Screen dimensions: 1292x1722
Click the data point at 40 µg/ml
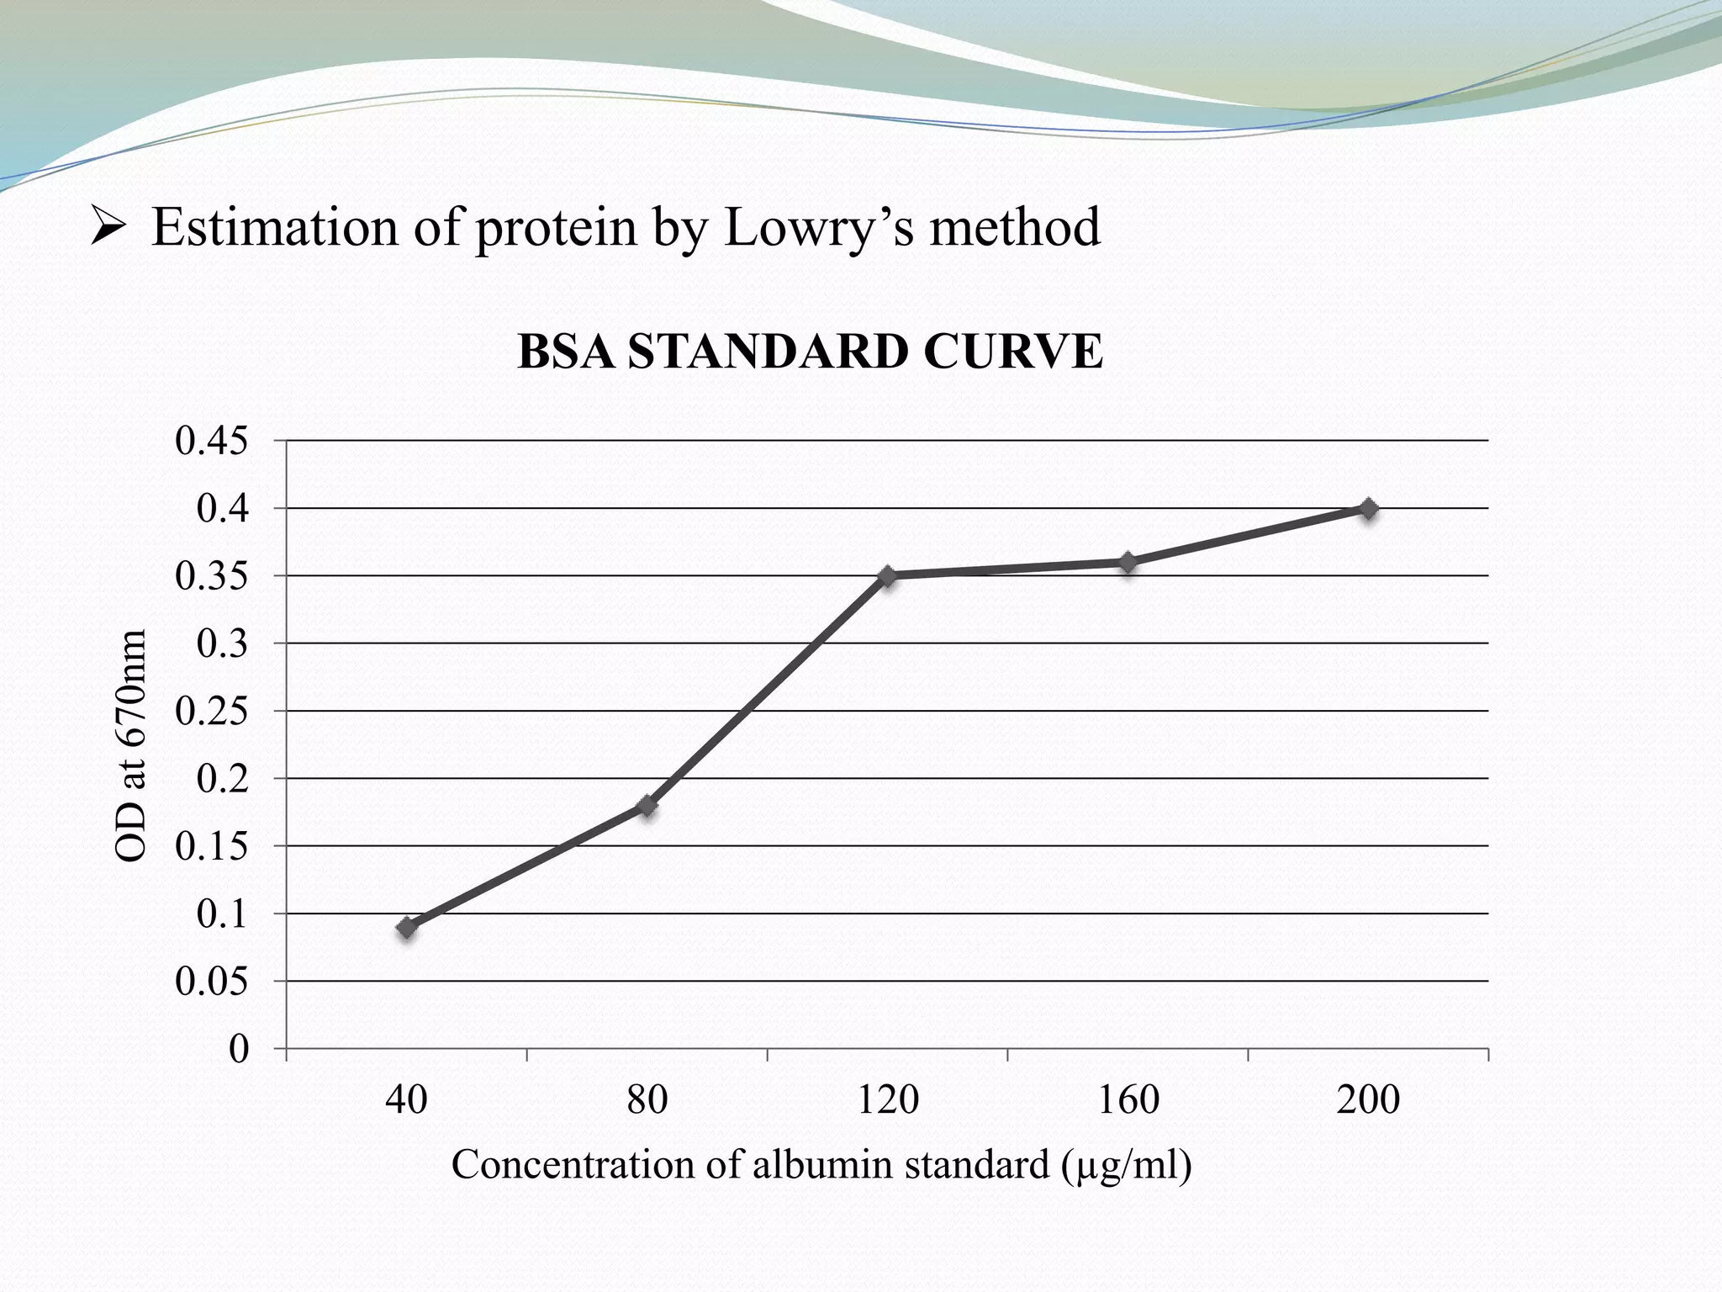coord(407,928)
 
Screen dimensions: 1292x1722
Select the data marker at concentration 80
coord(647,806)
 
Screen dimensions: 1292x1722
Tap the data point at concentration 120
coord(888,576)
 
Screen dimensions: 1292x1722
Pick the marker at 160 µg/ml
coord(1128,562)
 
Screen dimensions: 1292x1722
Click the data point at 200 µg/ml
coord(1368,509)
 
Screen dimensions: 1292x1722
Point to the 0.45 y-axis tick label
coord(211,441)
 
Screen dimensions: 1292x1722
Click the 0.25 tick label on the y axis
coord(211,712)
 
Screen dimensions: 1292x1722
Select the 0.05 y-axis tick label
coord(211,982)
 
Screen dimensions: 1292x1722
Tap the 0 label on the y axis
coord(239,1050)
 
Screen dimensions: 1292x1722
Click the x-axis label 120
coord(888,1100)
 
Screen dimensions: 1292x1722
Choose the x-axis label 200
coord(1368,1100)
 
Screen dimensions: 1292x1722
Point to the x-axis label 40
coord(407,1100)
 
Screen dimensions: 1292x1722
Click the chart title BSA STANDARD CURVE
coord(810,352)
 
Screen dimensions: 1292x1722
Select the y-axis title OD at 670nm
coord(130,745)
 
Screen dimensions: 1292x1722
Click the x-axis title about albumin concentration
coord(821,1165)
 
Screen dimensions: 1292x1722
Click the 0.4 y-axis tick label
coord(222,509)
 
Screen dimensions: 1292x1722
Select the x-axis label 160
coord(1128,1100)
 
